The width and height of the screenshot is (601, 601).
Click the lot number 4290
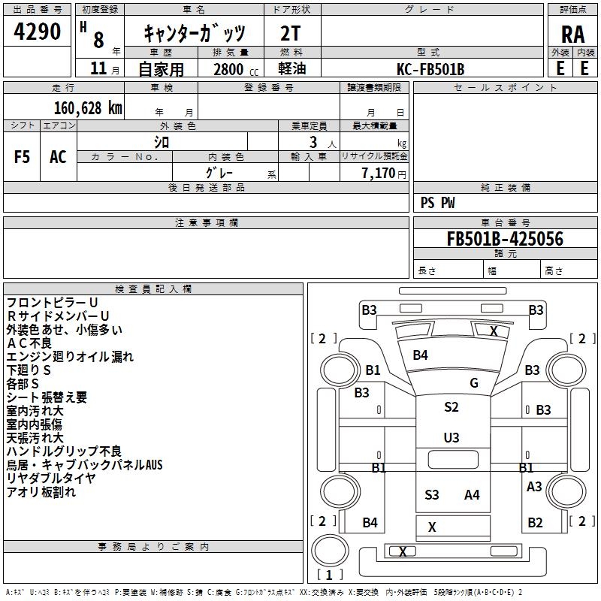pos(38,32)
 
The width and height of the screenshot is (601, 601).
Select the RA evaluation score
pos(572,34)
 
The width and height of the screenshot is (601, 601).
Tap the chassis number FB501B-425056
pos(505,239)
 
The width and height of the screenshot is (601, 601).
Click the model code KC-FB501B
pos(430,69)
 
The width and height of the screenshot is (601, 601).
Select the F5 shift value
pos(23,157)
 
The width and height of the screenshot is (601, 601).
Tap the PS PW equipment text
pos(437,203)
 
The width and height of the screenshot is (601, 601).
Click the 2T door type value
pos(291,34)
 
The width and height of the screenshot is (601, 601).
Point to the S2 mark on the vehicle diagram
pos(451,407)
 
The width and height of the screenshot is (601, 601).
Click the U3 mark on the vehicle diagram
pos(451,437)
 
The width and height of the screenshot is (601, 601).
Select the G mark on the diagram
pos(474,383)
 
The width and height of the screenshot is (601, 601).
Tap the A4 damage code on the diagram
pos(472,494)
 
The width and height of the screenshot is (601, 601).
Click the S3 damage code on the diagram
pos(431,494)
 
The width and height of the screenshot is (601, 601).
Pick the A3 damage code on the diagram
pos(534,486)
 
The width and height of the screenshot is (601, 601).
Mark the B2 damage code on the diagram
pos(535,522)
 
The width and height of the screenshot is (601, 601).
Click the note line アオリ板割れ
pos(41,492)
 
